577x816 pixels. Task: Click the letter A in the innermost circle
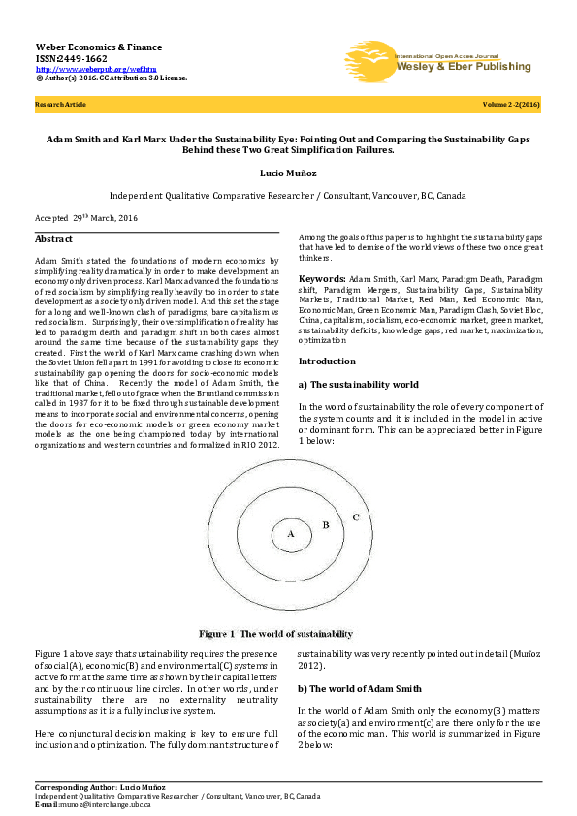pos(290,533)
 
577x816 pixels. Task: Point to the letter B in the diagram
pos(326,525)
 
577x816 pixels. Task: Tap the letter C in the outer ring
pos(356,518)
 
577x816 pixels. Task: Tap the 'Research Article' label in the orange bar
pos(60,103)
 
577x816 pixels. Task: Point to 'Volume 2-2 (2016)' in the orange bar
pos(511,103)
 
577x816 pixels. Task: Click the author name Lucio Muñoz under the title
pos(288,171)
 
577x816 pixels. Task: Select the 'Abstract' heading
pos(53,239)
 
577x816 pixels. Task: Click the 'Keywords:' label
pos(322,277)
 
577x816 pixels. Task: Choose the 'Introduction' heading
pos(327,361)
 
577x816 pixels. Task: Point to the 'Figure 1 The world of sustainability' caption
pos(276,634)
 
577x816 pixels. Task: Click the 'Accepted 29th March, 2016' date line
pos(86,219)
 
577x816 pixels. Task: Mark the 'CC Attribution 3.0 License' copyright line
pos(112,78)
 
